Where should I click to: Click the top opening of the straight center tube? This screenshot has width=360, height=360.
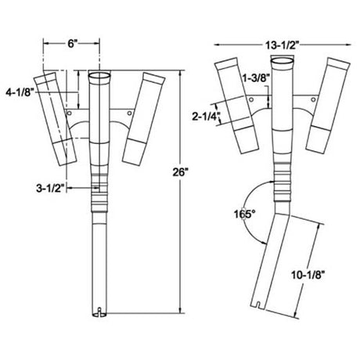[101, 76]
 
